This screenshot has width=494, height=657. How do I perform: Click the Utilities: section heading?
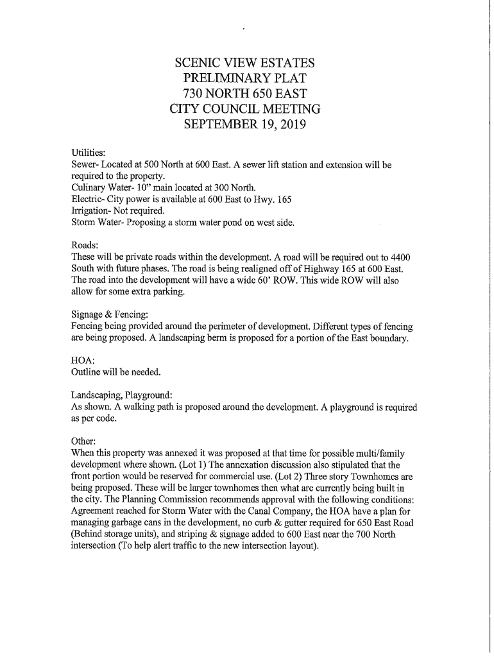(89, 153)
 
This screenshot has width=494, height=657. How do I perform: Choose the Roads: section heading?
(85, 245)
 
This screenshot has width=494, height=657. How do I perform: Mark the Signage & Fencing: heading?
(110, 315)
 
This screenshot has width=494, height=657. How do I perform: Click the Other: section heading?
(83, 441)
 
